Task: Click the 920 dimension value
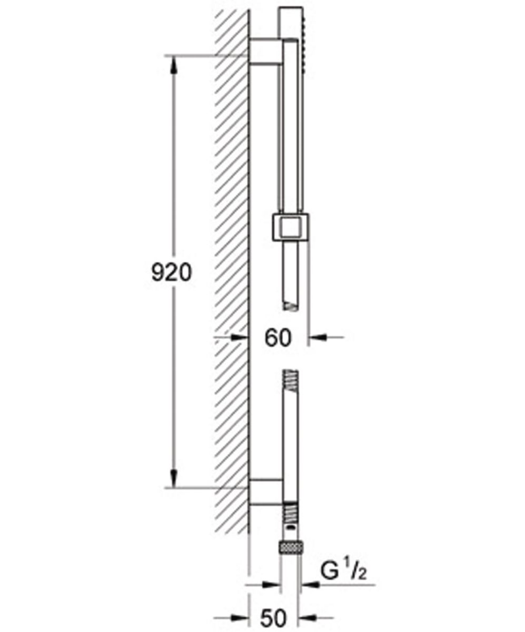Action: [170, 273]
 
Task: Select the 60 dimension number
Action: [278, 338]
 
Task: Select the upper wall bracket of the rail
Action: [265, 52]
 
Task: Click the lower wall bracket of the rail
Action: [265, 492]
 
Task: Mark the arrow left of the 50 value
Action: [240, 617]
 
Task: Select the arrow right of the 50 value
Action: [308, 617]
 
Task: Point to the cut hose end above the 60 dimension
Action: [290, 304]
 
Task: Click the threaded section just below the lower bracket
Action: [290, 511]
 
